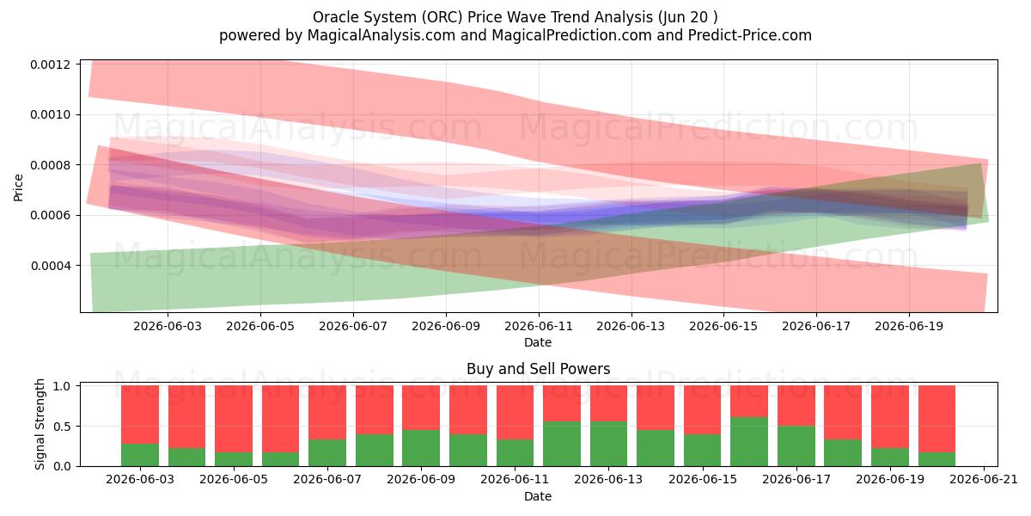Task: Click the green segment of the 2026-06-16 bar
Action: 749,441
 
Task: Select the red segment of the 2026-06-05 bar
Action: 234,419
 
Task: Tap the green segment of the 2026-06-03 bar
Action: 140,455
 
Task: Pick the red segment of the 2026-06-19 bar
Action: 890,417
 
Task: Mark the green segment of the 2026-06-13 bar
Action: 608,444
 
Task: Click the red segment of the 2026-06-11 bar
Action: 515,412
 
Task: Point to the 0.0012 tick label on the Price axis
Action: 51,64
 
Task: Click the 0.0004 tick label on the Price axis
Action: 51,266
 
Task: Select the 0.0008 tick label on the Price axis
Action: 51,165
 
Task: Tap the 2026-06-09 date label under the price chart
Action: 446,326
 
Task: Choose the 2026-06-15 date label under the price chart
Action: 723,326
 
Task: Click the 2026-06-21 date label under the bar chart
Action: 984,479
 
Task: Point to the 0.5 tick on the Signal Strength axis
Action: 62,427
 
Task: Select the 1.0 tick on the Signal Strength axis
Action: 62,386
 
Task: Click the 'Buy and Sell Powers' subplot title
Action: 538,369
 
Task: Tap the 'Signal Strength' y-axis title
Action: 40,424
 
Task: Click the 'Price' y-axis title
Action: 18,187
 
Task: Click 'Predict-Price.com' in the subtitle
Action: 750,35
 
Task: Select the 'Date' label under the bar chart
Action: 538,496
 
